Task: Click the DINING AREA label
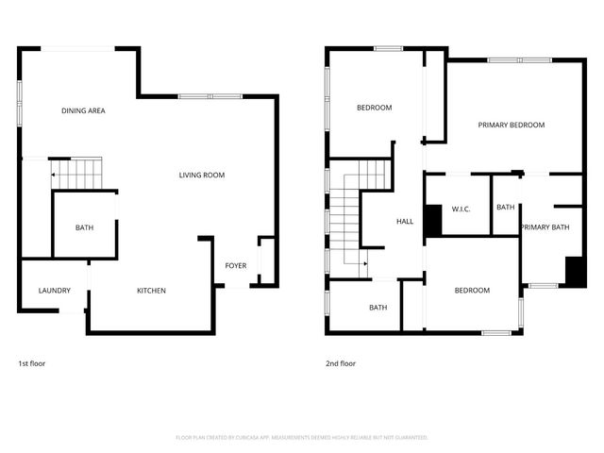click(x=83, y=111)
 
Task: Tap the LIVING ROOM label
click(x=202, y=175)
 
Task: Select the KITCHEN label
click(x=151, y=291)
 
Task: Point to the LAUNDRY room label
click(x=54, y=291)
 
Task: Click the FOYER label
click(x=235, y=265)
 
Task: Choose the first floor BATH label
click(x=84, y=227)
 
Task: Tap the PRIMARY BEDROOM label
click(x=511, y=126)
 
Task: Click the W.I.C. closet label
click(x=461, y=209)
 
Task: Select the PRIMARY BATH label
click(x=545, y=227)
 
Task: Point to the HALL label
click(x=404, y=222)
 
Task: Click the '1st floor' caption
click(x=31, y=363)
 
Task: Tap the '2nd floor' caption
click(x=340, y=363)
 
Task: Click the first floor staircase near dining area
click(x=75, y=173)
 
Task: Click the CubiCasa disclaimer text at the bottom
click(x=302, y=438)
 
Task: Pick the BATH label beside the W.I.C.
click(x=505, y=208)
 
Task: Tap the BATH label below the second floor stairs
click(x=377, y=308)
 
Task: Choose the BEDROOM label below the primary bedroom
click(x=471, y=291)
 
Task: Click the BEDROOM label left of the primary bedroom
click(x=374, y=108)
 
